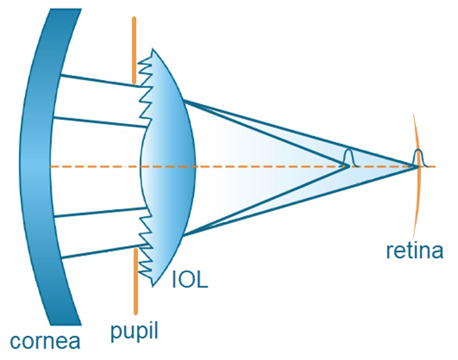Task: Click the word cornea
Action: (x=46, y=339)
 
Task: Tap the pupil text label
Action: (x=135, y=330)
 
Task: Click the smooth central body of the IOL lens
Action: (x=169, y=166)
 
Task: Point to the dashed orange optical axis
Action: (x=262, y=166)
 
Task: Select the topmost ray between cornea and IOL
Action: (x=97, y=80)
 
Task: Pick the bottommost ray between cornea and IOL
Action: (x=97, y=251)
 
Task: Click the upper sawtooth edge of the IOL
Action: (x=146, y=97)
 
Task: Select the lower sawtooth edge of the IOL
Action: (x=146, y=234)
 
